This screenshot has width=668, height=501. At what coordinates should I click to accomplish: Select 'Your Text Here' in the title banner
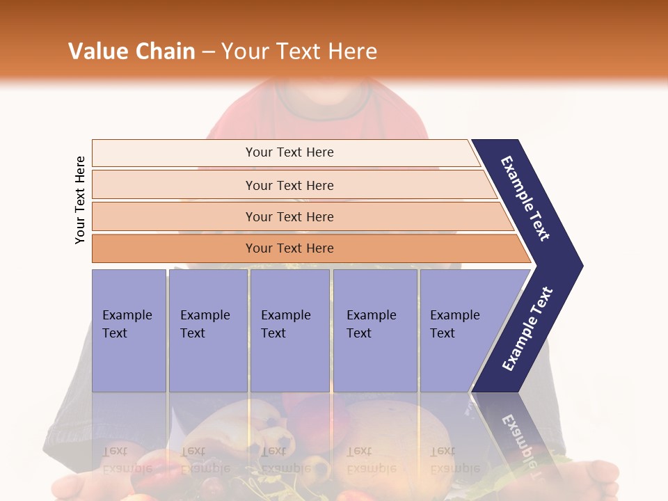(x=299, y=51)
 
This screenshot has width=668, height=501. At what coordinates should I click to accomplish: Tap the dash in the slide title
(x=208, y=52)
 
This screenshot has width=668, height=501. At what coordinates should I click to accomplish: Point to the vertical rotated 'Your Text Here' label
(x=80, y=200)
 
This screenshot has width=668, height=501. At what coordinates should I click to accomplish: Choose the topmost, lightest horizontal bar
(x=289, y=152)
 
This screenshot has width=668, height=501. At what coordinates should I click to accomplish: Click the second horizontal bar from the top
(x=289, y=185)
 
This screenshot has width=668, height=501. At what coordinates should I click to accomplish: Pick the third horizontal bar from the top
(x=289, y=216)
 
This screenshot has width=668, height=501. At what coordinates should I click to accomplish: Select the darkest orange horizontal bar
(x=289, y=248)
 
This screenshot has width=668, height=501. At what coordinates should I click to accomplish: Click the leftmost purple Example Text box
(x=129, y=331)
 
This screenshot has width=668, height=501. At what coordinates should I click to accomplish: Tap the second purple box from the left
(x=207, y=331)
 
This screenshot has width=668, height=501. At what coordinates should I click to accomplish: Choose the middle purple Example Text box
(x=289, y=331)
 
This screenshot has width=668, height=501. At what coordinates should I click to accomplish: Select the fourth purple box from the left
(x=375, y=331)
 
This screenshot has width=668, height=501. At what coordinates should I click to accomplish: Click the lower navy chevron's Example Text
(x=527, y=329)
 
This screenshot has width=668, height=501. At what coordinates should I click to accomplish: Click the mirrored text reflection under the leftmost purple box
(x=127, y=459)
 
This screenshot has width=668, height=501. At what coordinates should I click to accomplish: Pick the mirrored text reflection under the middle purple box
(x=285, y=459)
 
